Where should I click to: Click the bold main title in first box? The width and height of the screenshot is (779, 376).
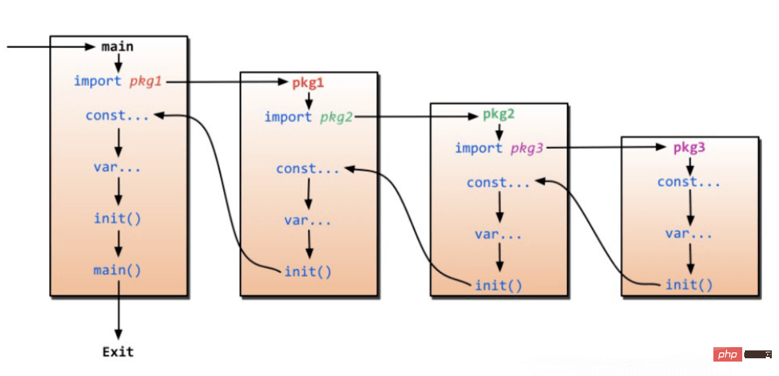[117, 47]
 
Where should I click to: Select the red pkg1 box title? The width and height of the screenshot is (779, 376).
[308, 83]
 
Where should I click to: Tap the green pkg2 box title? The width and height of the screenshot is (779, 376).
[499, 114]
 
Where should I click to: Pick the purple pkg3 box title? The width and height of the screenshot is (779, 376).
[689, 148]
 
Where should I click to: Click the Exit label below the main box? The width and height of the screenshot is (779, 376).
[118, 352]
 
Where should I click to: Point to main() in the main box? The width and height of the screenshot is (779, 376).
[117, 270]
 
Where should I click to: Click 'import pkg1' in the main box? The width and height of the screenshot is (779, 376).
[117, 81]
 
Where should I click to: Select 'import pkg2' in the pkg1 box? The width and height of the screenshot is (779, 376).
[308, 117]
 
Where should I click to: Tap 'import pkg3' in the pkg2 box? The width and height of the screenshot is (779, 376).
[499, 148]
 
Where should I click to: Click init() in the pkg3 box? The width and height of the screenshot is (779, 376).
[689, 285]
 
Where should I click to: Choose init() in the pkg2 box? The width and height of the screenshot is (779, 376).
[499, 285]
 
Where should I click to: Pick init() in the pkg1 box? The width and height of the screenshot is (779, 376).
[308, 271]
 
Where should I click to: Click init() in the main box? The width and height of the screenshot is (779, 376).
[117, 218]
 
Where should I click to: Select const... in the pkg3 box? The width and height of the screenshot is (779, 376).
[689, 182]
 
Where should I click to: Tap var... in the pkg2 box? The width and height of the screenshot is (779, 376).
[499, 234]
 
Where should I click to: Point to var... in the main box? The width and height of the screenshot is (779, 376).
[117, 167]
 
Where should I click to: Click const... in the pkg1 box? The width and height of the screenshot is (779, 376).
[308, 169]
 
